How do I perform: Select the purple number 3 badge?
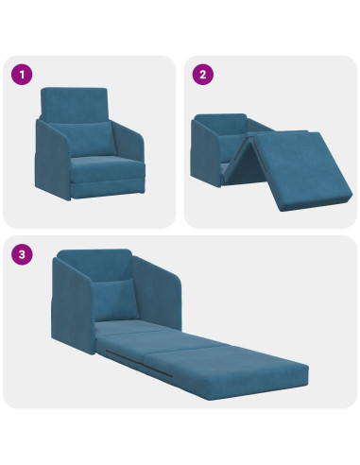(x=21, y=253)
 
